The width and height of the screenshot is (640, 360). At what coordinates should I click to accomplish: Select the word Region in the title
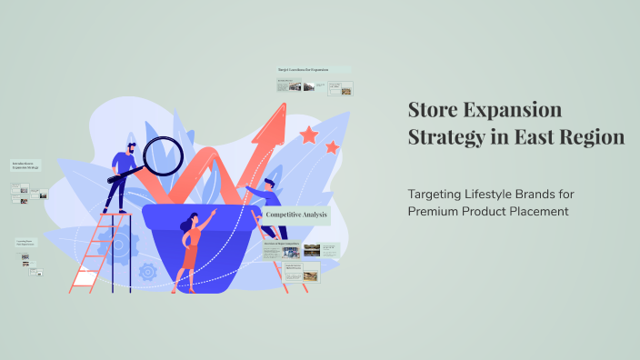pyautogui.click(x=592, y=138)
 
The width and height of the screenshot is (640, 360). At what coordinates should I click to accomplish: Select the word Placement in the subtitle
pyautogui.click(x=538, y=212)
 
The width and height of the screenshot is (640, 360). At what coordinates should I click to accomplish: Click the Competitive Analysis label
pyautogui.click(x=295, y=215)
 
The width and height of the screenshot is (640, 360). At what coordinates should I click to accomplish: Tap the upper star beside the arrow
pyautogui.click(x=309, y=135)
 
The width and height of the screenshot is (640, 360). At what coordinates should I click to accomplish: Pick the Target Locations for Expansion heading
pyautogui.click(x=314, y=69)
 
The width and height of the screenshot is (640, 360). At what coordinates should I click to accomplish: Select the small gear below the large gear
pyautogui.click(x=148, y=271)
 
